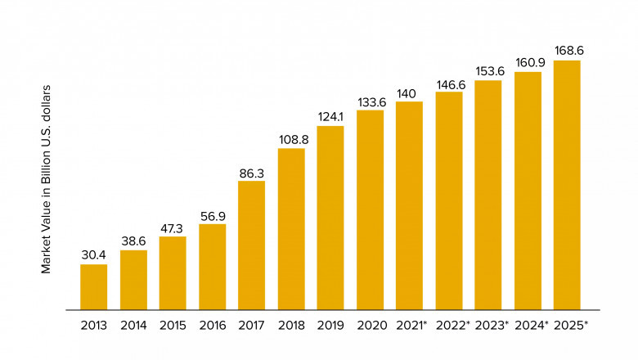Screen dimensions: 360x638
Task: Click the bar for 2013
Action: pyautogui.click(x=93, y=287)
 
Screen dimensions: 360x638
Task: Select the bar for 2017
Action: pyautogui.click(x=251, y=245)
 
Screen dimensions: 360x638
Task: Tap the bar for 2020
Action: pyautogui.click(x=370, y=209)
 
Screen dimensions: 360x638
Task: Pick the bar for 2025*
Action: pyautogui.click(x=567, y=185)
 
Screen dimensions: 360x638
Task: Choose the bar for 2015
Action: pyautogui.click(x=173, y=273)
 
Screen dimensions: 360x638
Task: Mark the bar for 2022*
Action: pyautogui.click(x=449, y=200)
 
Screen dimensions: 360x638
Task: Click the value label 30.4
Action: pyautogui.click(x=93, y=254)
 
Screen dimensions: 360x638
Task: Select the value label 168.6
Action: pyautogui.click(x=567, y=51)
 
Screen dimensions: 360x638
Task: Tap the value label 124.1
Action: pyautogui.click(x=330, y=116)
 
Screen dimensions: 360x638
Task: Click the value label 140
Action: pyautogui.click(x=409, y=92)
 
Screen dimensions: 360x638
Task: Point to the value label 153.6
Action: pyautogui.click(x=488, y=70)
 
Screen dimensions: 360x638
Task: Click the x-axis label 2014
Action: pyautogui.click(x=133, y=326)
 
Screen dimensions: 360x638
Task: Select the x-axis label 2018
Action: pyautogui.click(x=291, y=326)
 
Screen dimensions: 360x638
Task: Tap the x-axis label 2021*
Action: pyautogui.click(x=411, y=326)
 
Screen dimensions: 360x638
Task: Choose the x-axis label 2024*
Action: pyautogui.click(x=530, y=326)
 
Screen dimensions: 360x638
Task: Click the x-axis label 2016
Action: pyautogui.click(x=212, y=326)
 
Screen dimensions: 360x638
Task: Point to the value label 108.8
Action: pyautogui.click(x=291, y=139)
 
